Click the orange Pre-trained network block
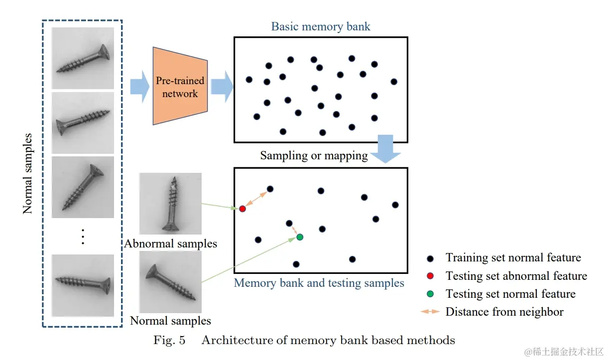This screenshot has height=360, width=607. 180,86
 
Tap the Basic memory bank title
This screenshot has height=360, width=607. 321,26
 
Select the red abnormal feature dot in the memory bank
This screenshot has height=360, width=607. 242,209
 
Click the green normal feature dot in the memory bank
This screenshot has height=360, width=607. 300,237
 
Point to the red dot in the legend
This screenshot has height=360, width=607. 430,276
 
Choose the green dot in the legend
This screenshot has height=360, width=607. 430,294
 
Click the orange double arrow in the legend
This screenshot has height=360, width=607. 430,312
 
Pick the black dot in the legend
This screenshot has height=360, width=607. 430,258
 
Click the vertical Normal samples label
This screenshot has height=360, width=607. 28,173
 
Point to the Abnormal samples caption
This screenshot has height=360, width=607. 170,244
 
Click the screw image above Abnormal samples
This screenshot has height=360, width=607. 170,203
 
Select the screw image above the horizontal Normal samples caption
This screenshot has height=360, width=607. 170,281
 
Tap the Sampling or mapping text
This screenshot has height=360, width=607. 314,156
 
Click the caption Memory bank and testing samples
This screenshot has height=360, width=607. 319,283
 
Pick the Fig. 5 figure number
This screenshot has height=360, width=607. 169,341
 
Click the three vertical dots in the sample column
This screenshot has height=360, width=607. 83,237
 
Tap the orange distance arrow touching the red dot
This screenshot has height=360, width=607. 255,199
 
